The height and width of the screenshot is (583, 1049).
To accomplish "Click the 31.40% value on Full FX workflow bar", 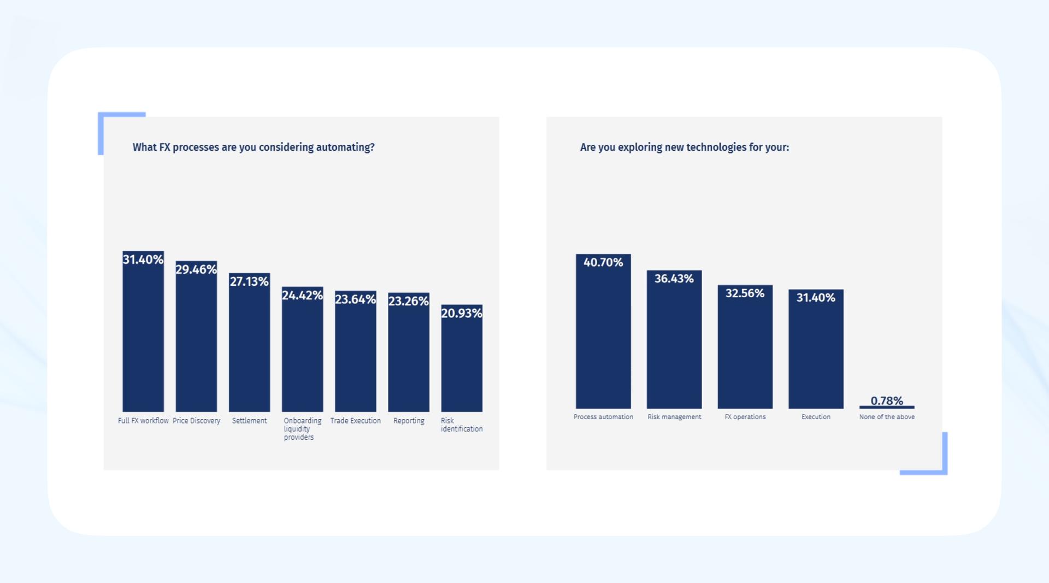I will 143,260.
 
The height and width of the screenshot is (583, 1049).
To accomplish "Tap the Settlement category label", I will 249,421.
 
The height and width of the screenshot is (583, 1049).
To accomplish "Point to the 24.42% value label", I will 302,296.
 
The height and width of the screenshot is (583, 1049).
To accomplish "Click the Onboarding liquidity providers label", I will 302,429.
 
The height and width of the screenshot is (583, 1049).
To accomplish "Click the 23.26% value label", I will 408,301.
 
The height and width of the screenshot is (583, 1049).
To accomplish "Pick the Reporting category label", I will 408,421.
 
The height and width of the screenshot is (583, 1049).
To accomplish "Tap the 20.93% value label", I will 462,313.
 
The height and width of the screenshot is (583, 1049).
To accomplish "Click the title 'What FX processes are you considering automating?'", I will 254,148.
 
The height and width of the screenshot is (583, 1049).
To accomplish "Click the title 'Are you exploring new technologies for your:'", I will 684,148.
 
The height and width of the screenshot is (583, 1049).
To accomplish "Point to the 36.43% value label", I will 674,279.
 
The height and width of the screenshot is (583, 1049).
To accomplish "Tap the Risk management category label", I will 674,417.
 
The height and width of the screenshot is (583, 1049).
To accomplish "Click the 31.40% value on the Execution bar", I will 815,298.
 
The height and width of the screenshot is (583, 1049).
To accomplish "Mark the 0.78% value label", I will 886,401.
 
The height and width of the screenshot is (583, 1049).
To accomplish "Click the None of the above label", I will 886,417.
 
